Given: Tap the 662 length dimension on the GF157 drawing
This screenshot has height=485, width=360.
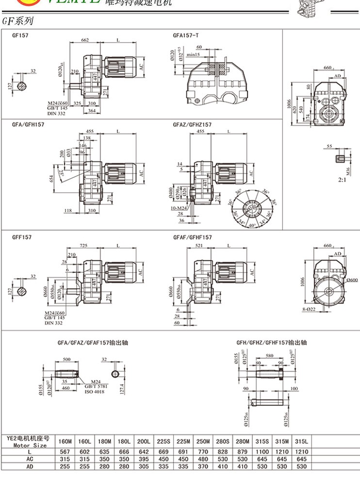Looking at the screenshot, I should tap(85, 40).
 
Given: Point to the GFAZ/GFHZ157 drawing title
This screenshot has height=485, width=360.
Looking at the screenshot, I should tap(192, 125).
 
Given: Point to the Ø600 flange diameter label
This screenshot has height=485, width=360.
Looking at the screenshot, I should tap(352, 280).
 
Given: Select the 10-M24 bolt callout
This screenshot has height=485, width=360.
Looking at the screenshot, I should tap(179, 208).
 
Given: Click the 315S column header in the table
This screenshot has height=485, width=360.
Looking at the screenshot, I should tap(262, 441).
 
